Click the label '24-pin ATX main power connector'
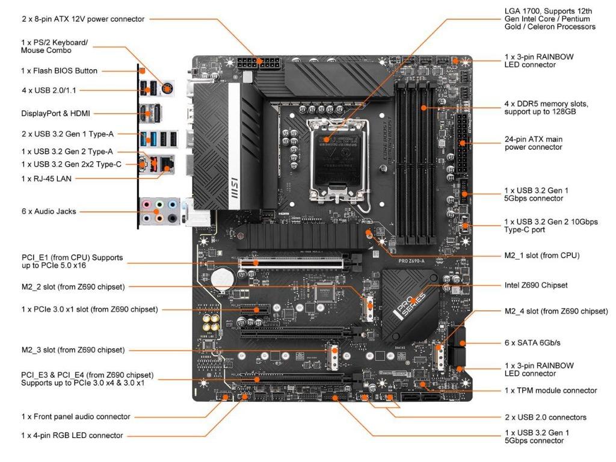coord(534,143)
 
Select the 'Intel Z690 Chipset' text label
coord(535,285)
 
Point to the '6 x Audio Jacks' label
coord(49,211)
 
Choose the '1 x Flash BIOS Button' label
coord(59,70)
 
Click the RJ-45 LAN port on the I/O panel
coord(169,161)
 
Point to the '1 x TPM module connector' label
coord(550,390)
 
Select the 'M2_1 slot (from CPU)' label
coord(541,255)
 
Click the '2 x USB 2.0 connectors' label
coord(545,417)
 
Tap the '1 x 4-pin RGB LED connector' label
coord(72,435)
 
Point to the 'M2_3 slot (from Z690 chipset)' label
coord(73,350)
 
